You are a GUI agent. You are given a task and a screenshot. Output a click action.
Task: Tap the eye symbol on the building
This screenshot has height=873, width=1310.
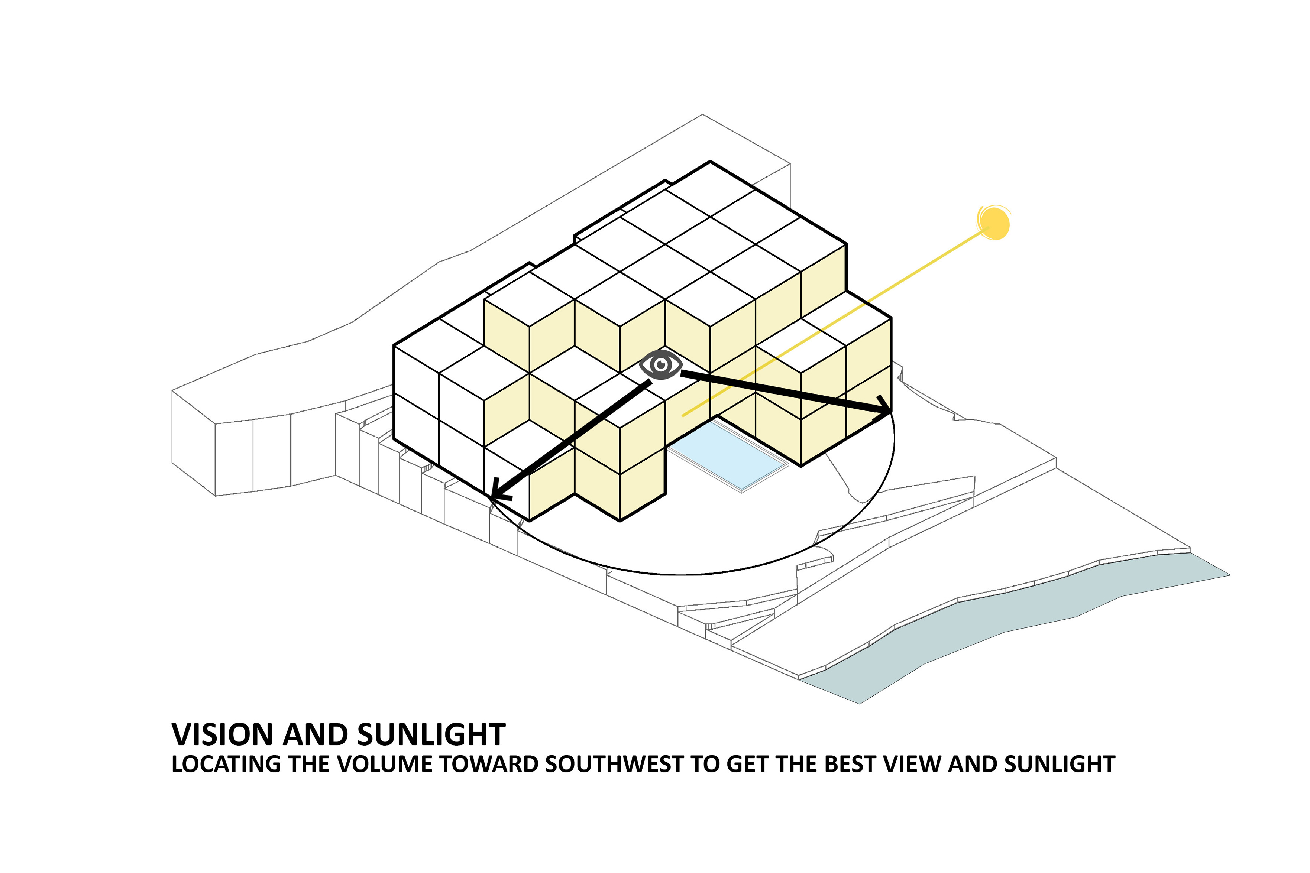tap(660, 365)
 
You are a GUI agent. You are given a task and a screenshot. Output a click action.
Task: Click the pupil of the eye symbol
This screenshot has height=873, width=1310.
tap(661, 365)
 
